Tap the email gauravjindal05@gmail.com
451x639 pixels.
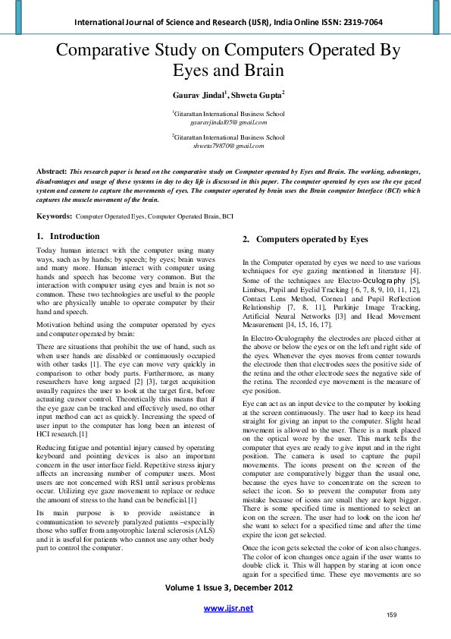point(228,121)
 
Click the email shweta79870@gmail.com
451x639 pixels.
point(228,146)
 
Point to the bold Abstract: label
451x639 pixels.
point(52,172)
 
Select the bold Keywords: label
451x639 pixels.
point(55,216)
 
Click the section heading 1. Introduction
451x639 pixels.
point(68,237)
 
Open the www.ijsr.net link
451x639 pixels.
point(228,608)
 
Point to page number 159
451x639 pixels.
point(392,614)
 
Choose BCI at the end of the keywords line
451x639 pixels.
point(227,217)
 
